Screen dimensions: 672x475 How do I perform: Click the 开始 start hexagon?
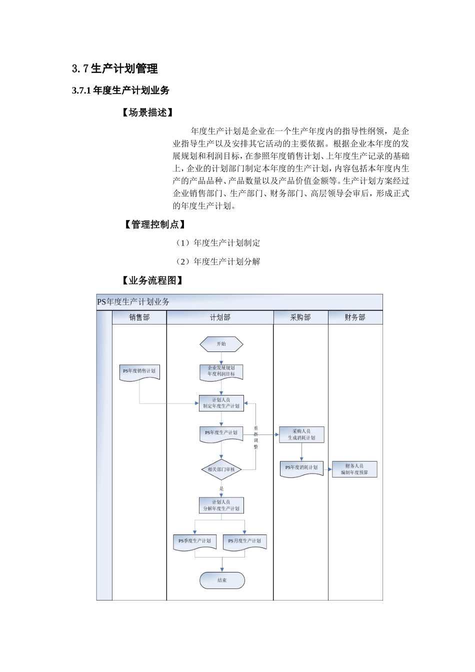pos(221,344)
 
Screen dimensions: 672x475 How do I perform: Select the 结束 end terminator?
pos(222,580)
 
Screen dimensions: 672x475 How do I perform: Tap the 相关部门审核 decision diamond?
pos(221,469)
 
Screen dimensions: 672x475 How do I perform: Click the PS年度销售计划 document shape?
pos(139,372)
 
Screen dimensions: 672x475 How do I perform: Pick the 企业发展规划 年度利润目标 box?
pos(221,371)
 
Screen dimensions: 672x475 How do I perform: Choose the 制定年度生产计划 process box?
pos(221,403)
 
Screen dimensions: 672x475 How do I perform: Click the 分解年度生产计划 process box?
pos(221,505)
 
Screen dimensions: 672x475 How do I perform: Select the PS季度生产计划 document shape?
pos(195,541)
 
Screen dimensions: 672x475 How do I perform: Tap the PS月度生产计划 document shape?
pos(244,541)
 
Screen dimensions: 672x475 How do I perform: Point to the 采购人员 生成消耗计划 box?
pos(301,434)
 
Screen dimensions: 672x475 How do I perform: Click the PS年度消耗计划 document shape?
pos(301,468)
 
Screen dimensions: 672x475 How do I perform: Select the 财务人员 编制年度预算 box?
pos(354,469)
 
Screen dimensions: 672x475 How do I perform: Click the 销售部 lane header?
pos(139,317)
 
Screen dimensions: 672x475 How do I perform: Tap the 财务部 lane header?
pos(355,317)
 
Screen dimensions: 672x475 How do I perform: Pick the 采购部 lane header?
pos(300,317)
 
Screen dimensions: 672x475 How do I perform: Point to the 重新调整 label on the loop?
pos(256,437)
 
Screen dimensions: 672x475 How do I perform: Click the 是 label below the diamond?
pos(221,488)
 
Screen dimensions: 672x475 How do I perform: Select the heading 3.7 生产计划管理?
pos(115,68)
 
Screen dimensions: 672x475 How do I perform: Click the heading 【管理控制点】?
pos(154,224)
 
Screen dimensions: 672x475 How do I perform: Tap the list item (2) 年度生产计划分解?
pos(217,261)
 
